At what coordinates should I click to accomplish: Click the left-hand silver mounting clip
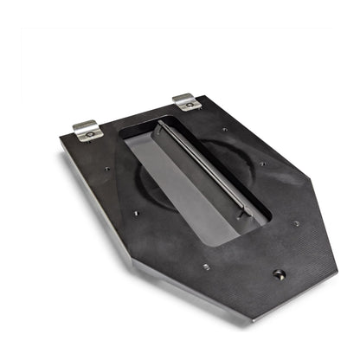pos(87,131)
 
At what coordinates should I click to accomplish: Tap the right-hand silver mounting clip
pos(187,102)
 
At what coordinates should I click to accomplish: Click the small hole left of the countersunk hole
pos(205,267)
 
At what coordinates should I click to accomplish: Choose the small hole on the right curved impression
pos(260,163)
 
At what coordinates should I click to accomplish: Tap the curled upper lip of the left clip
pos(83,124)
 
